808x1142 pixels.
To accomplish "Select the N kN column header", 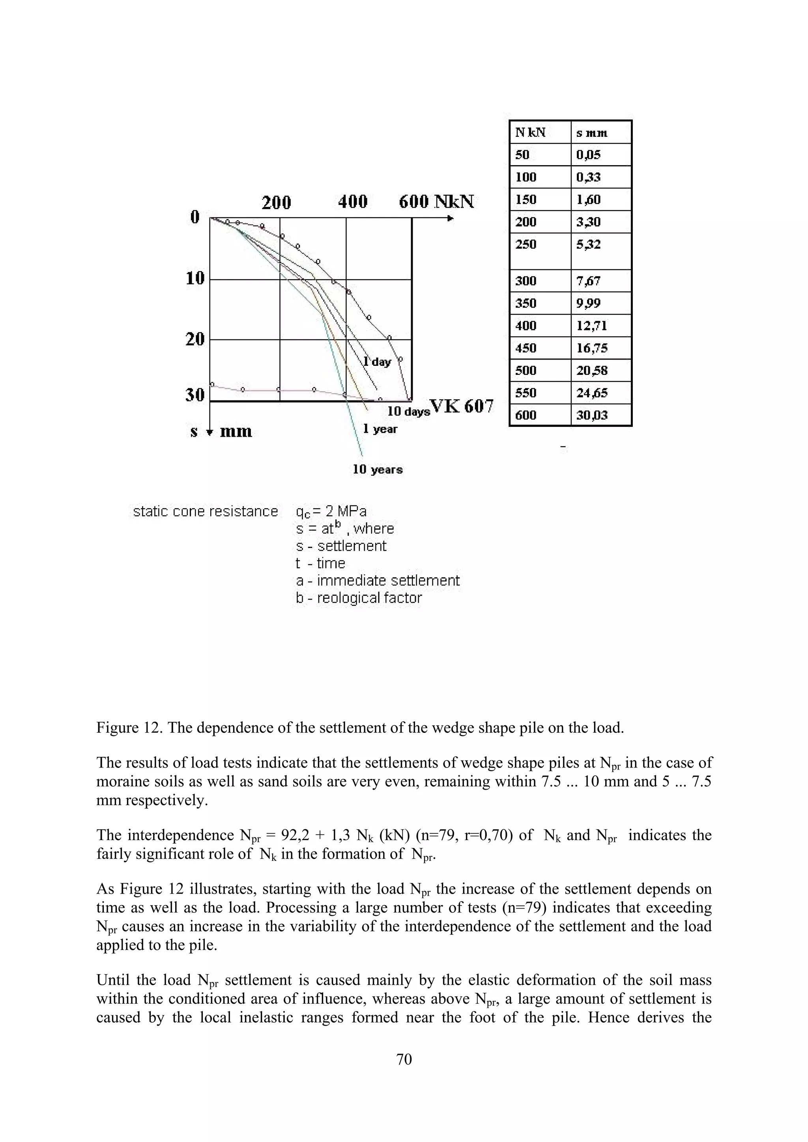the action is [x=530, y=133].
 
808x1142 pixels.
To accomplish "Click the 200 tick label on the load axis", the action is [x=276, y=203].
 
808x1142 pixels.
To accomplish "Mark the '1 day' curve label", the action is [x=377, y=361].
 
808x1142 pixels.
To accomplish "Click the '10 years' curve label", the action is [x=377, y=469].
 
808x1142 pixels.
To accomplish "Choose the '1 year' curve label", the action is [x=380, y=429].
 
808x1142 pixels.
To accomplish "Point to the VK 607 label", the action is [x=462, y=406].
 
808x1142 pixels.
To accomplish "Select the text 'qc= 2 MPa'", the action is [x=331, y=511].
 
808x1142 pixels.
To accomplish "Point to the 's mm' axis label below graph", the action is [x=222, y=431].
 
